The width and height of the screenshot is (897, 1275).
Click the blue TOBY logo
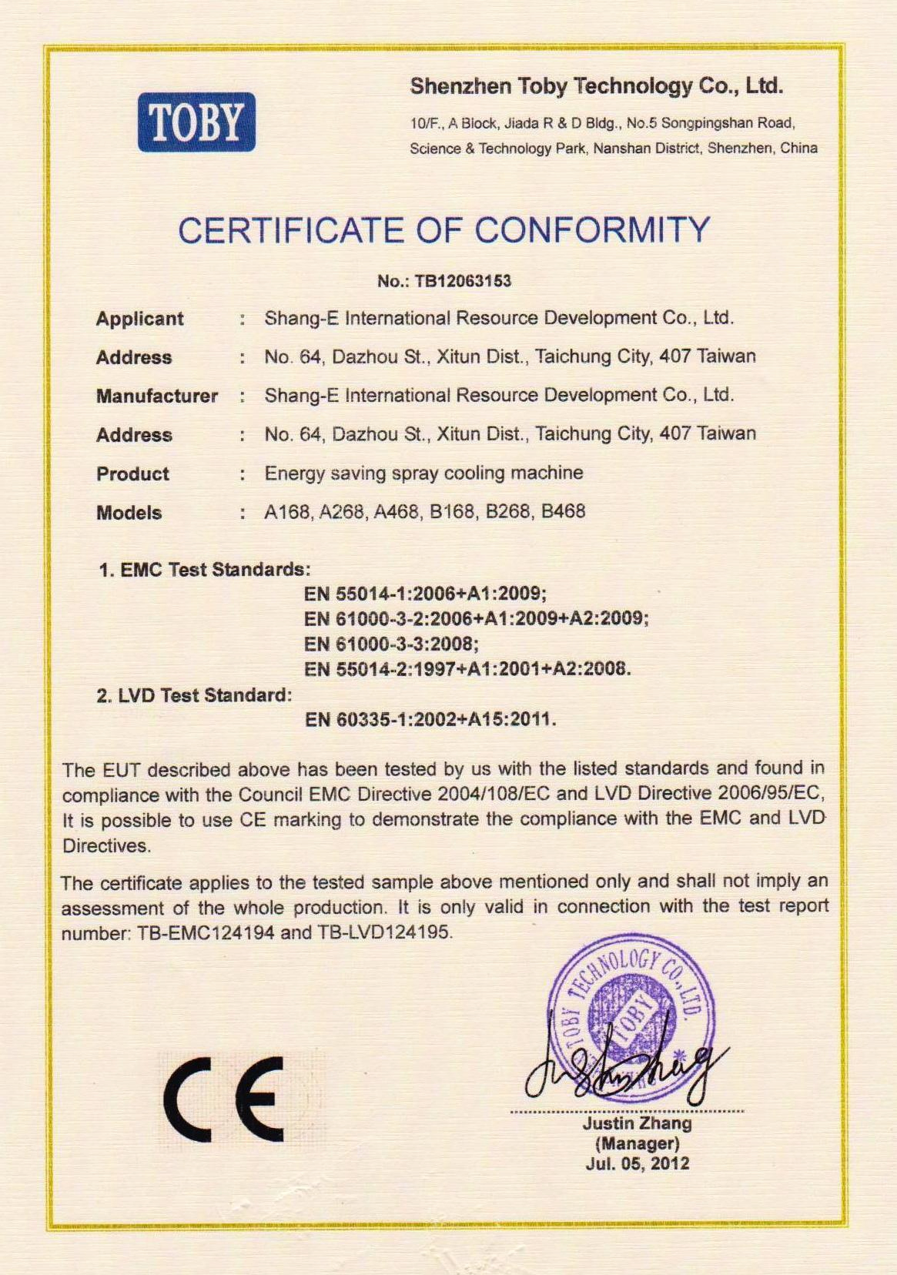pos(196,122)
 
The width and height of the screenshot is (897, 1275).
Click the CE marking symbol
pos(224,1099)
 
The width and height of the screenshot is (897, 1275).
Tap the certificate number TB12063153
pos(463,281)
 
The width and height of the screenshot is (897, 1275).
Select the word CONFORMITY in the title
pos(591,230)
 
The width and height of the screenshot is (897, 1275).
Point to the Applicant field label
pos(139,319)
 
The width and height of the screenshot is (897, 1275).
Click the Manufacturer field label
pos(156,396)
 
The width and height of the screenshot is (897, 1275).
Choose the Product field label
pos(132,474)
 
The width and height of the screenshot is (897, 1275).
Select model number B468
pos(563,511)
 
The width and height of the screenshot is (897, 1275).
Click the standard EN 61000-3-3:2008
pos(391,644)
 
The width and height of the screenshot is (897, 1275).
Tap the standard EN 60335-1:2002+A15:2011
pos(430,720)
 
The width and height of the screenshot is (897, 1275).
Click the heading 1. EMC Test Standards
pos(204,570)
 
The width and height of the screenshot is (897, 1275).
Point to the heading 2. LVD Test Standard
pos(194,695)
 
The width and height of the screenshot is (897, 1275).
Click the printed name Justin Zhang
pos(637,1123)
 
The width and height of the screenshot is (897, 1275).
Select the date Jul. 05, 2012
pos(637,1163)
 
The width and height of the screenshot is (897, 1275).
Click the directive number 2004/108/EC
pos(484,794)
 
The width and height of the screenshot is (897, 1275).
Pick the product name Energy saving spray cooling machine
pos(423,473)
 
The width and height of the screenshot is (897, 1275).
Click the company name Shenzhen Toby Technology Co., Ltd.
pos(596,86)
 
